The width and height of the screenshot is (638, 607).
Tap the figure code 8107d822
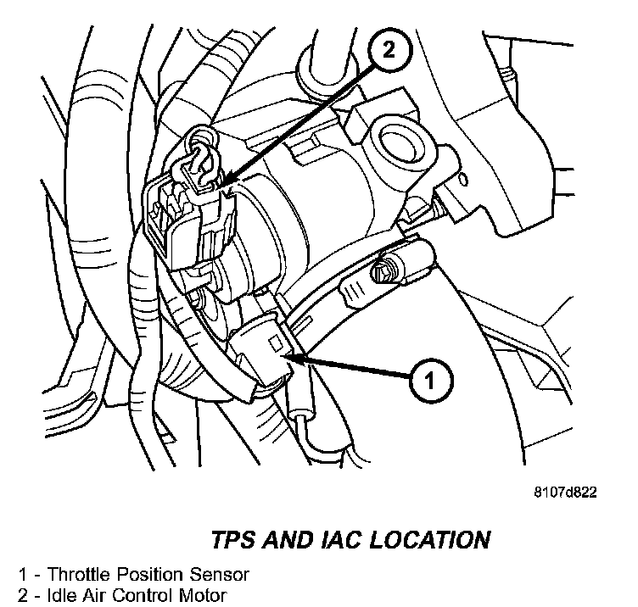pos(566,493)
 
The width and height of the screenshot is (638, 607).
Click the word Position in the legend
pos(142,574)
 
